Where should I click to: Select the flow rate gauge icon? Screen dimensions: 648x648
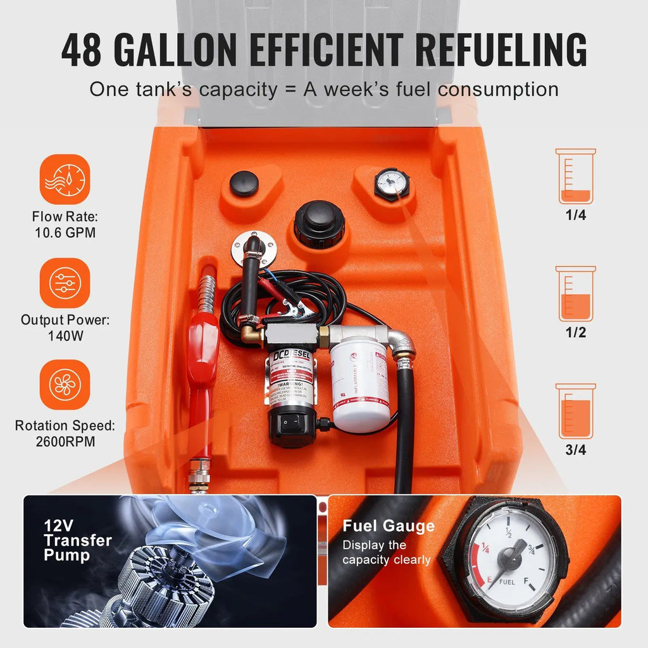(x=65, y=179)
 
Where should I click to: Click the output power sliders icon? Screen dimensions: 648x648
(x=65, y=283)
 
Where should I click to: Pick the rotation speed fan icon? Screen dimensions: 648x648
(x=65, y=385)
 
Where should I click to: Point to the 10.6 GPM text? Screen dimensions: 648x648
(x=65, y=232)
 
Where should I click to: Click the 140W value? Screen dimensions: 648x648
(x=65, y=336)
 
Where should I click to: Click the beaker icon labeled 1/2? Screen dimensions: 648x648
(x=575, y=294)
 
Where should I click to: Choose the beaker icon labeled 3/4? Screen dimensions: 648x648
(x=575, y=411)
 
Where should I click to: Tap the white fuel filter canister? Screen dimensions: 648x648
(x=360, y=383)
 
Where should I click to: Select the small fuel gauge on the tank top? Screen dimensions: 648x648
(x=392, y=184)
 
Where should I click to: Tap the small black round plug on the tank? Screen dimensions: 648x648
(x=244, y=184)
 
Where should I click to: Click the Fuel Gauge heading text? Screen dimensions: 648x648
(x=389, y=526)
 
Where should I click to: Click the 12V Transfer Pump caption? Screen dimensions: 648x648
(x=77, y=540)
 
